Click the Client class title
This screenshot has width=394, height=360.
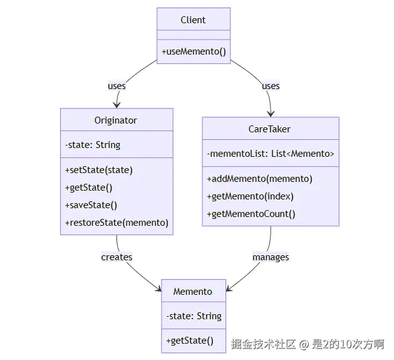193,20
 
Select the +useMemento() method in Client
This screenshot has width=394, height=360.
194,51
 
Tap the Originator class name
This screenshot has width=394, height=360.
116,120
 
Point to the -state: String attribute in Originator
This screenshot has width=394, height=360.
93,145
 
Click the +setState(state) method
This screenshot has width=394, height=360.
99,170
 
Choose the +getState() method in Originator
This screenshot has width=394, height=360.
89,188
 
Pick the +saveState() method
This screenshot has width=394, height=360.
91,205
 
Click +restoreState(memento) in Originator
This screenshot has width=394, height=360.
117,223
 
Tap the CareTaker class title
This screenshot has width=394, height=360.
269,129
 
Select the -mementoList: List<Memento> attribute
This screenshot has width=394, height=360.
271,154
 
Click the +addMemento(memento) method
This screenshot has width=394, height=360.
259,179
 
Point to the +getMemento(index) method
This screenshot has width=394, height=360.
251,196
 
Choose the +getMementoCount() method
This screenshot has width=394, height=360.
251,214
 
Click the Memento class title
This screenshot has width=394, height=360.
193,292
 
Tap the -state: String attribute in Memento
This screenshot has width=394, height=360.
194,316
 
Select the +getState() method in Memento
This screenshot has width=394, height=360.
190,341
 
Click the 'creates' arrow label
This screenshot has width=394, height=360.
117,257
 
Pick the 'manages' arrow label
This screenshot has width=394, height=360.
271,257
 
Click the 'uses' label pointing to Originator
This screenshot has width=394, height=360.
117,86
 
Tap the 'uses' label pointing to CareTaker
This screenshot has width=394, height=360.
271,86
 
